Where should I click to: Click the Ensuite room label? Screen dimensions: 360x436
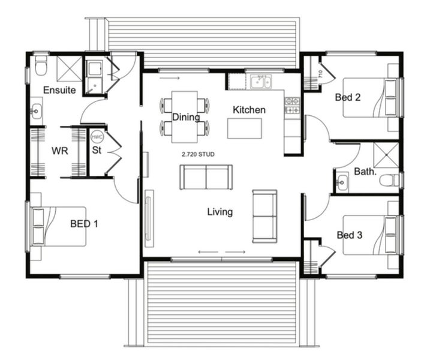pos(59,90)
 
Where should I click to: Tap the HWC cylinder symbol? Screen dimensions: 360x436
pos(97,136)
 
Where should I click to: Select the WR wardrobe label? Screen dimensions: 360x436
pos(59,151)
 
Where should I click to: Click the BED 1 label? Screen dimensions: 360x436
pos(84,224)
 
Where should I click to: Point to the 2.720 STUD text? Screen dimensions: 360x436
pos(198,154)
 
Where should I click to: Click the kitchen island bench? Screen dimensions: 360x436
pos(245,128)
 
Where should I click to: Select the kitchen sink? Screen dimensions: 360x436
pos(261,82)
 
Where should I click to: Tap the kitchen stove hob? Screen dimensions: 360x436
pos(292,106)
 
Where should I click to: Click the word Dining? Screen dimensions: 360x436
pos(186,117)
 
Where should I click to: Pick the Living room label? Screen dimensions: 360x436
pos(220,212)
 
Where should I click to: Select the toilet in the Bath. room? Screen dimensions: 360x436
pos(390,179)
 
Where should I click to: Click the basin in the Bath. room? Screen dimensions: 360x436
pos(342,181)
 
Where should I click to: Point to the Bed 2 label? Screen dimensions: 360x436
pos(348,97)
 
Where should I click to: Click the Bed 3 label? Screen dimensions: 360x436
pos(349,235)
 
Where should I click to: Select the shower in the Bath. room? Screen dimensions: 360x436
pos(386,154)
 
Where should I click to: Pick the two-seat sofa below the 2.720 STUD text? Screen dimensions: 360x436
pos(206,177)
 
